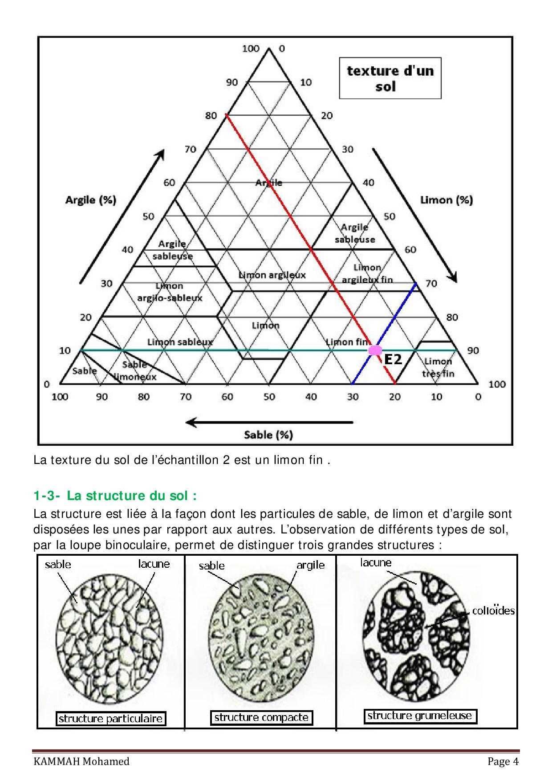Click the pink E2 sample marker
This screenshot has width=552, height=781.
coord(375,350)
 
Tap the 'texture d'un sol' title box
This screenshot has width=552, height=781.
coord(390,78)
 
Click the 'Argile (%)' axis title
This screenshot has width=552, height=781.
coord(91,200)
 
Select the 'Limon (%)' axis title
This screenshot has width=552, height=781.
coord(446,200)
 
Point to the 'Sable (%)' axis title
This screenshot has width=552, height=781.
coord(268,435)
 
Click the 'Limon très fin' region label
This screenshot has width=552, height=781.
coord(438,367)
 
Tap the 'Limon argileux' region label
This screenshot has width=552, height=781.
coord(272,275)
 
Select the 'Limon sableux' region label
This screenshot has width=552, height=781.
coord(180,342)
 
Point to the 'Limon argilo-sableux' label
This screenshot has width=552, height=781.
coord(170,292)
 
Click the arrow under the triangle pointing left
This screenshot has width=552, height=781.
coord(269,422)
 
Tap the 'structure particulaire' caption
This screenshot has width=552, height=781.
coord(111,718)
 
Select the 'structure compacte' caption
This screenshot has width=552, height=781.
coord(261,717)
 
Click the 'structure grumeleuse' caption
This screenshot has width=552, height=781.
coord(420,716)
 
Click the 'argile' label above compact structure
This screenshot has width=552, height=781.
coord(311,565)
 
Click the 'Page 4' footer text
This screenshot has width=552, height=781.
coord(503,761)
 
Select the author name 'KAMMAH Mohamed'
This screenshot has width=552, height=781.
coord(81,761)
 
